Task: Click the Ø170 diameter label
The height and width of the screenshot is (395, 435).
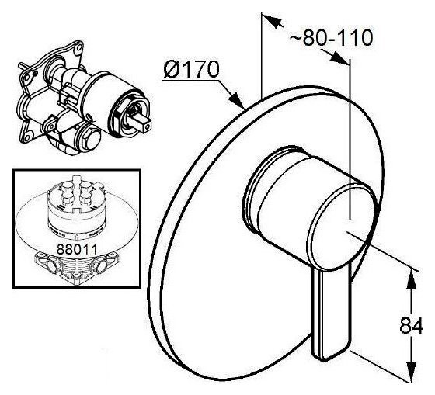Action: tap(191, 69)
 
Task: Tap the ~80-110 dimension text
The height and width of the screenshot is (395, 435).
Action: tap(331, 37)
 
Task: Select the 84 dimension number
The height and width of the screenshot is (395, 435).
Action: tap(411, 325)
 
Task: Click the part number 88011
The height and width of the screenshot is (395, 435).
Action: tap(77, 249)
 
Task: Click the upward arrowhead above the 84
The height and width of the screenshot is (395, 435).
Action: tap(412, 280)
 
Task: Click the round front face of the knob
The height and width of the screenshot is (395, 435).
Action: tap(342, 227)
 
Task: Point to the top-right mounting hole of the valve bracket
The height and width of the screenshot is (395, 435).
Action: tap(78, 48)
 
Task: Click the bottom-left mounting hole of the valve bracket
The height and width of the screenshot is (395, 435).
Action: tap(27, 137)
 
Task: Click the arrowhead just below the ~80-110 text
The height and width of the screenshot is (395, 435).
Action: tap(338, 57)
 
